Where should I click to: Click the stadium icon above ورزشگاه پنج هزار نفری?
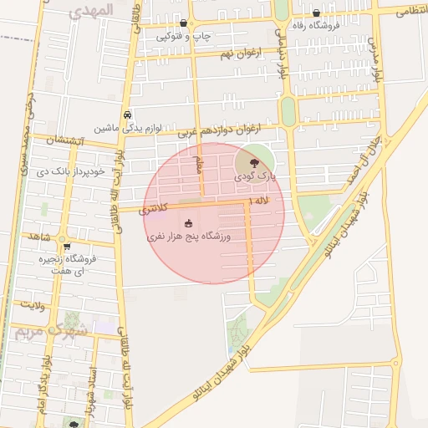tap(189, 223)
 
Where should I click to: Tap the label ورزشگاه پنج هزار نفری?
tap(190, 237)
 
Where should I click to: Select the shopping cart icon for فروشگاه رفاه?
tap(316, 13)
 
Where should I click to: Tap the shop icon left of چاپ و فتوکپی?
tap(183, 23)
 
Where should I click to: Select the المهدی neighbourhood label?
tap(93, 13)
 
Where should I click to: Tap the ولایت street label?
tap(33, 306)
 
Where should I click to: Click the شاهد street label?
tap(38, 237)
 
